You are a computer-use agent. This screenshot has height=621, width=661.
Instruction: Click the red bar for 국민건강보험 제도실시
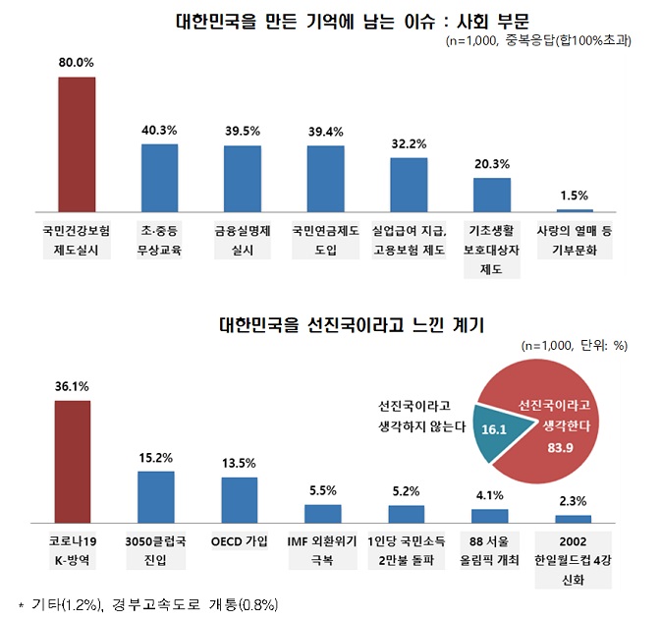(x=77, y=143)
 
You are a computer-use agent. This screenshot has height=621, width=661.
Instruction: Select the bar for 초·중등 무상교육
(x=159, y=178)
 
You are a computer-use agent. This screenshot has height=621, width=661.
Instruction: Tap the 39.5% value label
(x=242, y=131)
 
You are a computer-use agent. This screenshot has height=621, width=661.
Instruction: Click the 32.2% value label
(x=409, y=143)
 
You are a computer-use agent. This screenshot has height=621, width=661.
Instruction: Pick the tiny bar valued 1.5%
(x=575, y=210)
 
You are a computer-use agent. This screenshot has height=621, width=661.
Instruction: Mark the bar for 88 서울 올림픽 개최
(x=489, y=515)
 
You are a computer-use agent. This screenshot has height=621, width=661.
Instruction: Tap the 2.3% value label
(x=574, y=501)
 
